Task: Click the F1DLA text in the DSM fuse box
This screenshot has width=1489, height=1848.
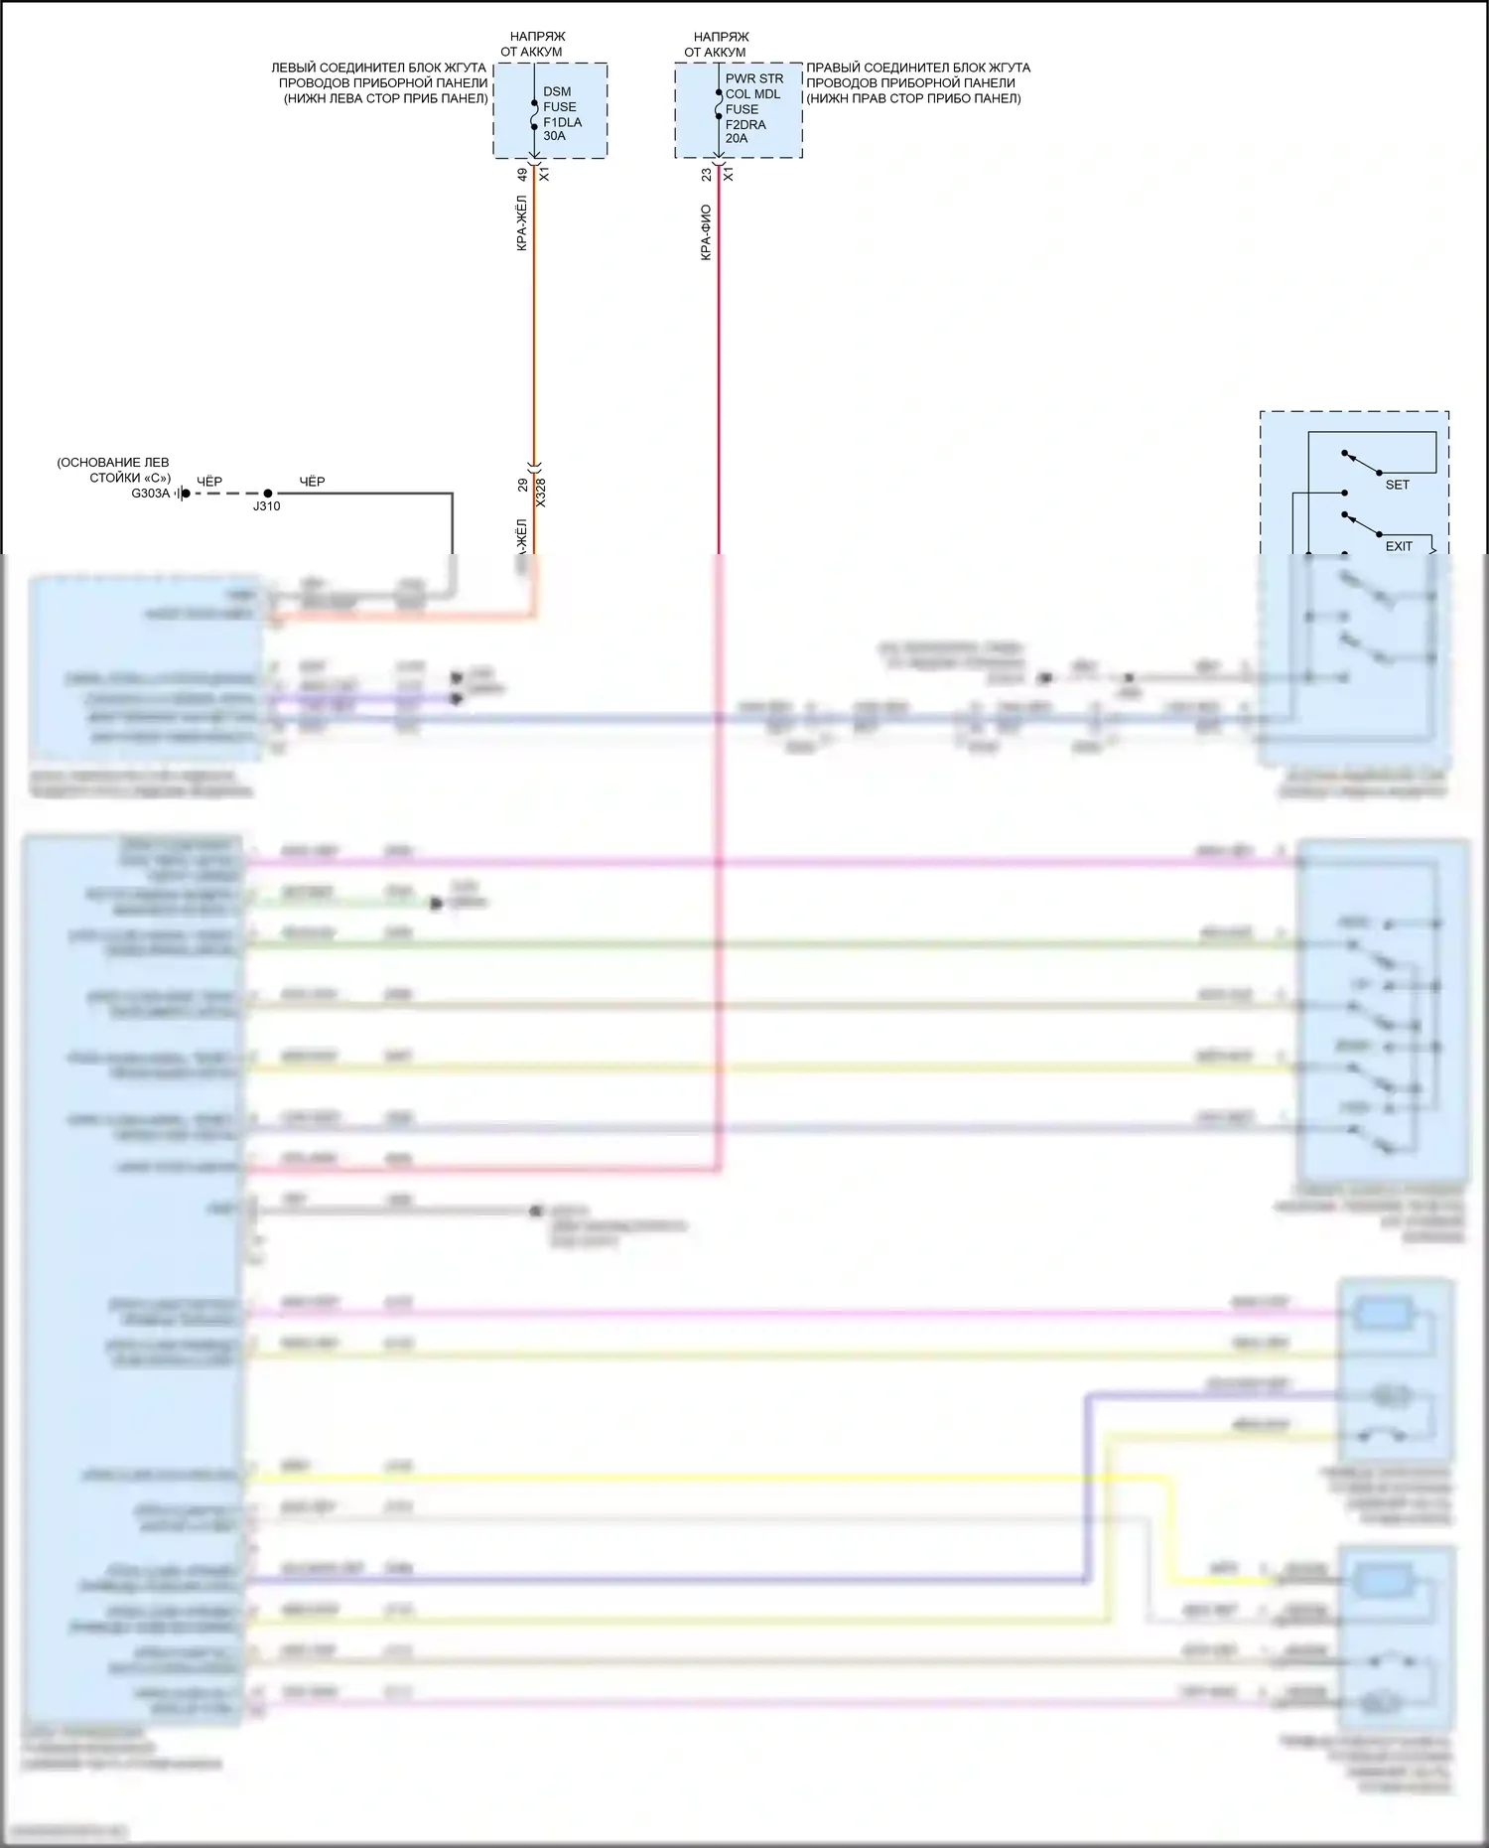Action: (x=562, y=122)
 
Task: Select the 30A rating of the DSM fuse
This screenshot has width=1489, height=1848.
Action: (x=554, y=136)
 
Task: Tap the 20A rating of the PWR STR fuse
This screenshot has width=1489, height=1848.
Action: (x=736, y=138)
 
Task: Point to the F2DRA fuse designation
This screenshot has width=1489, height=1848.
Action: (x=744, y=124)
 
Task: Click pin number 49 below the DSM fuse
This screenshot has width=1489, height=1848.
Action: (x=522, y=174)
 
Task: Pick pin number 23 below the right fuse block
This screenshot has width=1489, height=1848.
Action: (x=706, y=174)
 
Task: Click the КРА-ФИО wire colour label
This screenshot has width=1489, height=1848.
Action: (x=706, y=232)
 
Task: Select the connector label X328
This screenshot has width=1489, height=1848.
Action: (x=541, y=493)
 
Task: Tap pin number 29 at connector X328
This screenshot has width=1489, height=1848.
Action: (x=523, y=486)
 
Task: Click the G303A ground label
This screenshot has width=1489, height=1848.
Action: (x=150, y=494)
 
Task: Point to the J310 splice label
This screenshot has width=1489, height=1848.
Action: (x=266, y=506)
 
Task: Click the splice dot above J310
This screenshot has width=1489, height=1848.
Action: (x=268, y=493)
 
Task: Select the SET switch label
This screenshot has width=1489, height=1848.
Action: (x=1397, y=485)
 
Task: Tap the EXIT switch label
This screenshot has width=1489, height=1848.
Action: (x=1398, y=546)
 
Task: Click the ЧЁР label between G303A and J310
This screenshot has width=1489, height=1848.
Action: (x=209, y=482)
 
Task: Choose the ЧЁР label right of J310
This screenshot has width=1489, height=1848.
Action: (x=312, y=482)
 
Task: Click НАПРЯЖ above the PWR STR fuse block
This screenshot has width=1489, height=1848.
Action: (x=721, y=37)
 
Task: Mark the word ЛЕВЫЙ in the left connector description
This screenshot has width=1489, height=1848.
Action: (x=294, y=68)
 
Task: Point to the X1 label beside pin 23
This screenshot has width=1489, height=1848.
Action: (x=728, y=174)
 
